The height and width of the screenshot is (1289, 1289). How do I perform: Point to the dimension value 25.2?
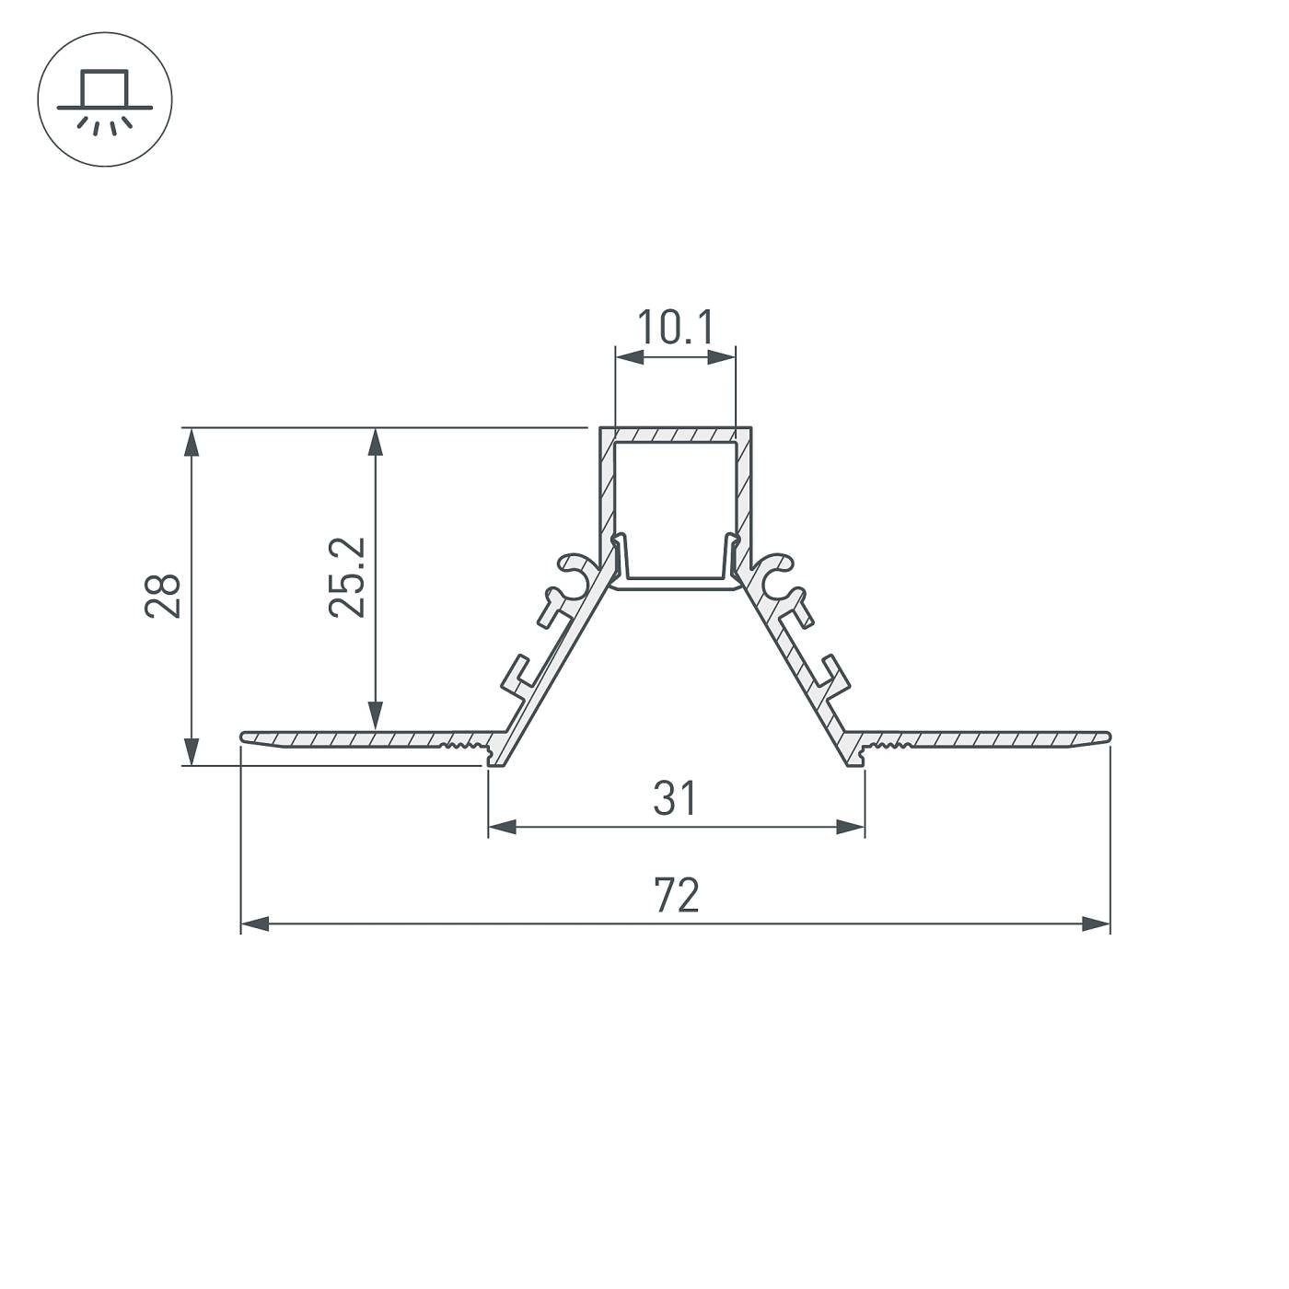click(x=347, y=577)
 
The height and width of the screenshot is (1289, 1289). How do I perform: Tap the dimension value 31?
click(x=676, y=798)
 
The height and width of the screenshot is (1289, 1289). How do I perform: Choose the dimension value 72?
click(x=676, y=895)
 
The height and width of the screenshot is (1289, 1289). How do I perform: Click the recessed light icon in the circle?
click(x=104, y=99)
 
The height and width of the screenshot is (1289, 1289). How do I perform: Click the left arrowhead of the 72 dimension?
click(x=254, y=923)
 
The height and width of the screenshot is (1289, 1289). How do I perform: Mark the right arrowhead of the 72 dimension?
click(x=1097, y=923)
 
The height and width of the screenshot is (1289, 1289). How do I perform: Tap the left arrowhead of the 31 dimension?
click(x=501, y=827)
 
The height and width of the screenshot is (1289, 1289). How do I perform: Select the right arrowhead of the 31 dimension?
click(x=852, y=827)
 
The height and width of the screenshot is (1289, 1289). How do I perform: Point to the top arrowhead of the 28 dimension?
click(x=192, y=442)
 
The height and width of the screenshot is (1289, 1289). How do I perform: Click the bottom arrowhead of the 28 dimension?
click(x=192, y=751)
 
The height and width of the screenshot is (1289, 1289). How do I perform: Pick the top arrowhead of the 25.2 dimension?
click(x=375, y=442)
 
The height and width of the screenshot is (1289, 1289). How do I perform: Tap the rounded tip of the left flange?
click(x=245, y=737)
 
